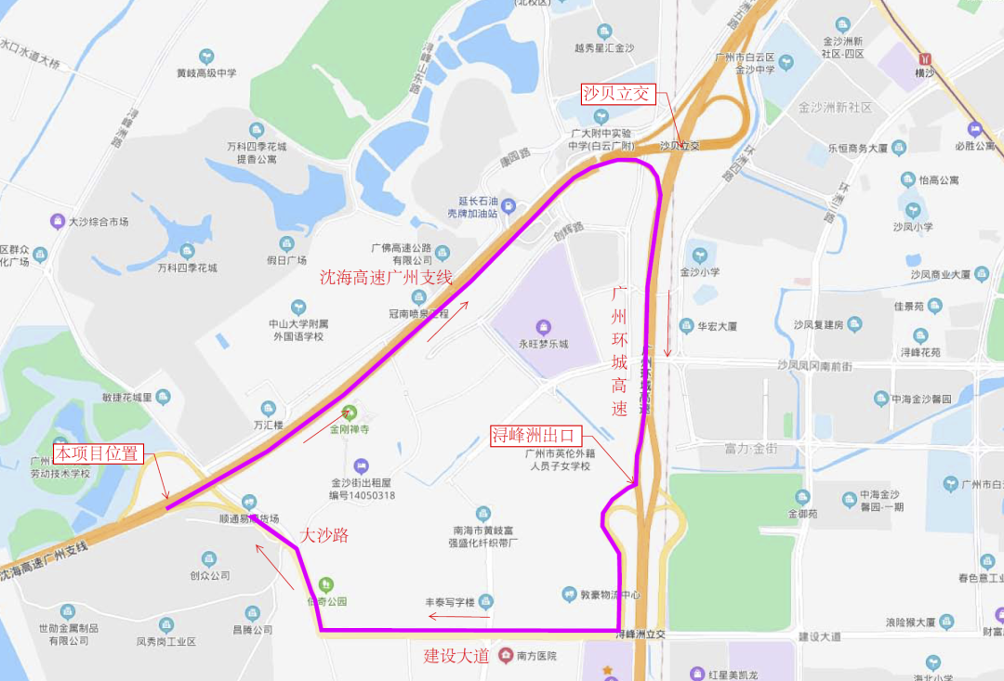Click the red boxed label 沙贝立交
[619, 94]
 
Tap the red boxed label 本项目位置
[98, 453]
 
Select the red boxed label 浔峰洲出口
[536, 435]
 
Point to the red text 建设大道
[456, 655]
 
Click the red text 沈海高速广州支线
[386, 277]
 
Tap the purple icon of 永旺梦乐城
[544, 326]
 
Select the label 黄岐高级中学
[206, 72]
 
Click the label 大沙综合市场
[98, 222]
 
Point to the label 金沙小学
[700, 272]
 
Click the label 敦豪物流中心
[611, 595]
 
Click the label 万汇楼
[268, 424]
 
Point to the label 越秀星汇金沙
[604, 48]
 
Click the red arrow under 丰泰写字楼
[458, 616]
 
